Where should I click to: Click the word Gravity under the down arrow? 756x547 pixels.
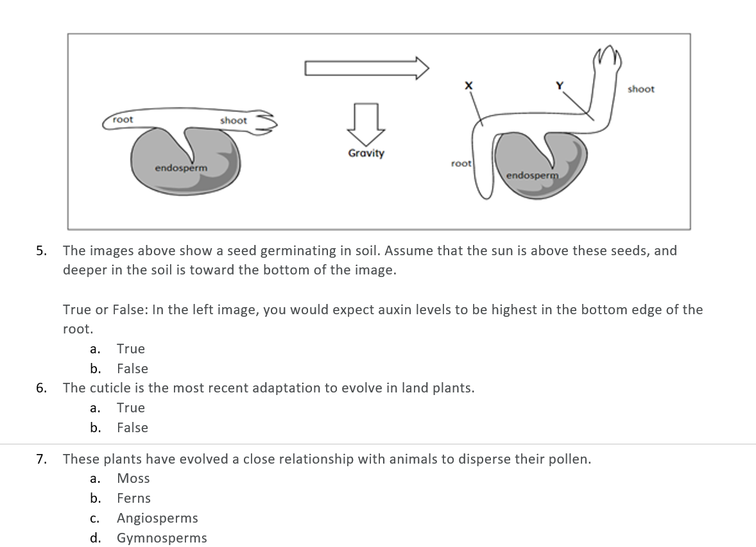click(366, 153)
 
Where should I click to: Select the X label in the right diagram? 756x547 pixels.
click(468, 85)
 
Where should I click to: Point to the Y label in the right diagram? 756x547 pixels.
click(559, 85)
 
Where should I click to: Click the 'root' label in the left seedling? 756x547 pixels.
click(123, 119)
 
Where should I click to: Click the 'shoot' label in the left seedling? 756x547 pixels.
click(233, 121)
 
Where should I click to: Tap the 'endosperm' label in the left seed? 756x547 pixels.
click(181, 168)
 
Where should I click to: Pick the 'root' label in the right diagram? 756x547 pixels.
click(461, 164)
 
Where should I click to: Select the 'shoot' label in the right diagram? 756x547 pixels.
click(640, 89)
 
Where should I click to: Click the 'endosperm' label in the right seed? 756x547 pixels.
click(532, 175)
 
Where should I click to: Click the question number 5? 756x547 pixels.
click(41, 251)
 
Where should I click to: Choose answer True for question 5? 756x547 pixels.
click(131, 349)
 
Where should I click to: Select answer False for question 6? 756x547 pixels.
click(132, 428)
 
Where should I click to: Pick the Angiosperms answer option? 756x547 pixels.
click(157, 518)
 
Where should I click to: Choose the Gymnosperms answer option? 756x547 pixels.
click(162, 538)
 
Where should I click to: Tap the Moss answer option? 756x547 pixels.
click(133, 478)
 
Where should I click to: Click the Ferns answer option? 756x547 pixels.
click(133, 498)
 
